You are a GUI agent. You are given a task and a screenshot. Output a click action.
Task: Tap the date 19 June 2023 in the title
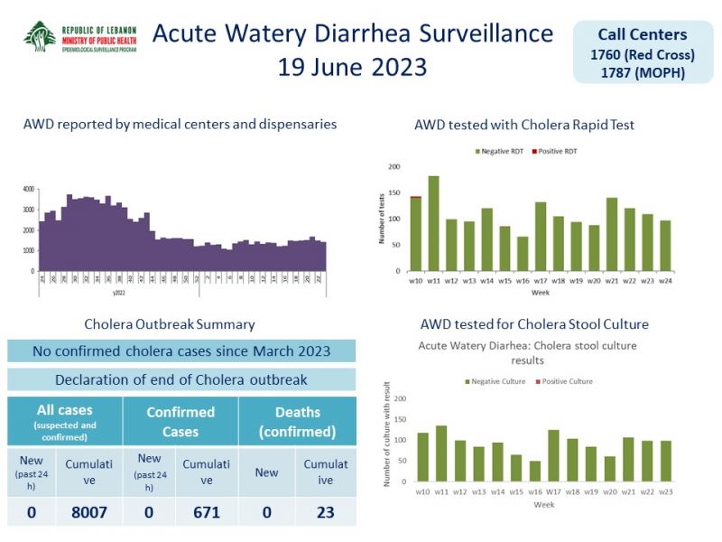(352, 67)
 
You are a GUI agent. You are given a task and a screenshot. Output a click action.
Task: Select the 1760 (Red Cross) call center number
(642, 55)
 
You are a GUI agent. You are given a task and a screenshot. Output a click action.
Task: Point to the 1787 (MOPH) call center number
(642, 72)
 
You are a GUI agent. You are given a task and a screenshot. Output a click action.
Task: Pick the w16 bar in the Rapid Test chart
(522, 254)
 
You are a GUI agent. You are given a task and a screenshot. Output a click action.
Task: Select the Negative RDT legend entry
(499, 151)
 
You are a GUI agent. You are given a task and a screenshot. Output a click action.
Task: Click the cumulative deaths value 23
(325, 512)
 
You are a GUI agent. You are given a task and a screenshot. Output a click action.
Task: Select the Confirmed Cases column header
(180, 422)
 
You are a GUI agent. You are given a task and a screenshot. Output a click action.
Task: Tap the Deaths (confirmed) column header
(297, 422)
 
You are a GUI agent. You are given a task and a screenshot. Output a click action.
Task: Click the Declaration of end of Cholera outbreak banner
(181, 379)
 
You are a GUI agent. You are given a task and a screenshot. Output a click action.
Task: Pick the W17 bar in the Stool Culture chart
(553, 456)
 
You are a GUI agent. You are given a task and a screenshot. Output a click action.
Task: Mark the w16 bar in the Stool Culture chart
(535, 472)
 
